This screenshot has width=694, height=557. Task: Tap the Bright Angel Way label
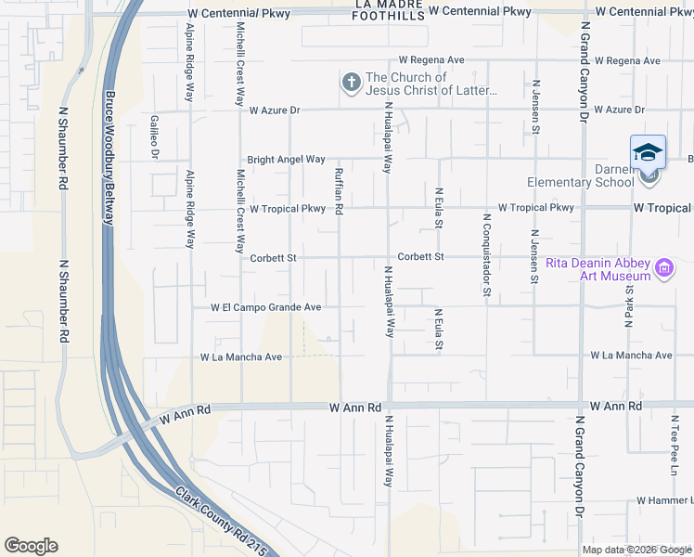pyautogui.click(x=286, y=160)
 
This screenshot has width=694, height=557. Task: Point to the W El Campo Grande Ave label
pyautogui.click(x=265, y=306)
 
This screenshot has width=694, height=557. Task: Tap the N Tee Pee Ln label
pyautogui.click(x=675, y=441)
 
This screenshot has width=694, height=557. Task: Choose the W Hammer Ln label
pyautogui.click(x=663, y=500)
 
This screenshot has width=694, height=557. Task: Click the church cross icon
pyautogui.click(x=351, y=84)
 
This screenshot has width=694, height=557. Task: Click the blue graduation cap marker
pyautogui.click(x=648, y=151)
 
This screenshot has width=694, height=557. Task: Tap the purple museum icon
pyautogui.click(x=664, y=269)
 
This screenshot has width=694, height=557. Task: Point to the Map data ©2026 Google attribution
pyautogui.click(x=636, y=550)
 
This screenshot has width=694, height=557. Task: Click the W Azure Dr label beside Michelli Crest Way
pyautogui.click(x=276, y=110)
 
